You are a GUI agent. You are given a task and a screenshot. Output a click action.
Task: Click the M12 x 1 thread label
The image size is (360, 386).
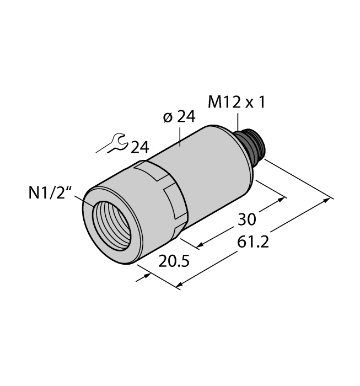235,102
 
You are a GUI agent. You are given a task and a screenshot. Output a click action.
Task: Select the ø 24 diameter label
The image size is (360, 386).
180,116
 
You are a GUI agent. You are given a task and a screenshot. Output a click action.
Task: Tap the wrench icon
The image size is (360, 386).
112,144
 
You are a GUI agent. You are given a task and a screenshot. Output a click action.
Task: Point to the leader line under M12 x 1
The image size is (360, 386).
238,122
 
